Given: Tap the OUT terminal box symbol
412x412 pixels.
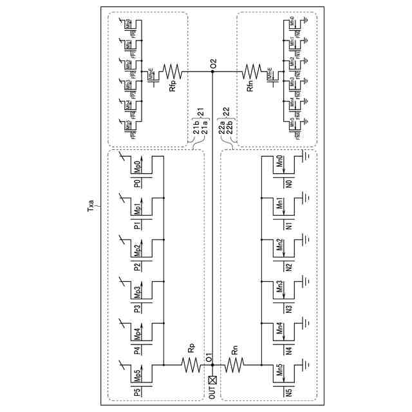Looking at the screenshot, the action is pyautogui.click(x=213, y=380).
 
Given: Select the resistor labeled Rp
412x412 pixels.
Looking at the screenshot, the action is pyautogui.click(x=191, y=366).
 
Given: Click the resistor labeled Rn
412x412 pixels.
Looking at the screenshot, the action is pyautogui.click(x=235, y=366).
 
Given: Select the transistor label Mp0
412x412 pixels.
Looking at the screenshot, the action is pyautogui.click(x=137, y=167).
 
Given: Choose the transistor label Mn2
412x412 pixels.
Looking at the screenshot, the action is pyautogui.click(x=280, y=247).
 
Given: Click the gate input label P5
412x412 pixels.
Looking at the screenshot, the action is pyautogui.click(x=137, y=391).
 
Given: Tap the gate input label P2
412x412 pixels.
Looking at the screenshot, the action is pyautogui.click(x=137, y=267).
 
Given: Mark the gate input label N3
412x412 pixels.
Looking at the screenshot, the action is pyautogui.click(x=289, y=308).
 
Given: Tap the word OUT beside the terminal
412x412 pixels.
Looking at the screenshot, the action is pyautogui.click(x=212, y=394).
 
